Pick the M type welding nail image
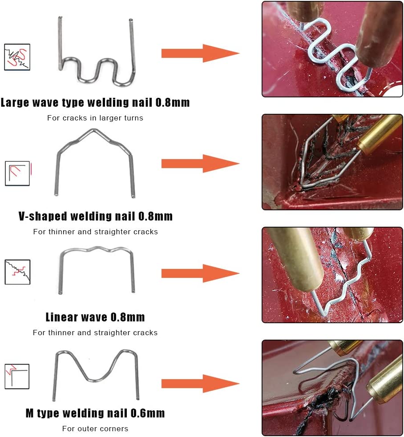pos(96,373)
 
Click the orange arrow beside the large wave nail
pos(200,53)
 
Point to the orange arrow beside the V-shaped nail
pos(200,163)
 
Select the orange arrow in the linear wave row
pos(200,273)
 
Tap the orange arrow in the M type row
pos(200,383)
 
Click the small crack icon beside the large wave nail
pos(17,57)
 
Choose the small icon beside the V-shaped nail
pos(17,173)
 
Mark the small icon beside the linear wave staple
pos(17,272)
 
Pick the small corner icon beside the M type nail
pos(17,376)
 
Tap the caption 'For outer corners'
pos(95,429)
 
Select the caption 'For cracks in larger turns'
pos(95,118)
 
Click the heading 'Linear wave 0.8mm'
pos(95,317)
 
